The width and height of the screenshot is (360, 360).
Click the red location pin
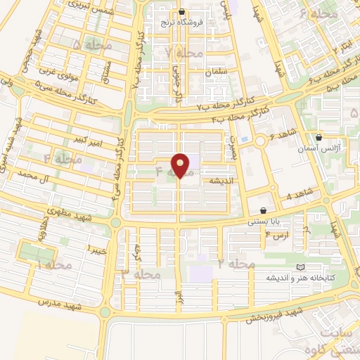pos(181,166)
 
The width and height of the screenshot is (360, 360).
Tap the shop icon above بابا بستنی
pos(264,210)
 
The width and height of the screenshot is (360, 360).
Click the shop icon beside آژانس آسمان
pos(319,137)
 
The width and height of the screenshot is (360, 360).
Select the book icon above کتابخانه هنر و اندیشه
pos(301,267)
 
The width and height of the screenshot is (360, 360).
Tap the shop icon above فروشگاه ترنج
pos(182,12)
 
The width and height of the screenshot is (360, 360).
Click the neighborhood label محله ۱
pos(55,264)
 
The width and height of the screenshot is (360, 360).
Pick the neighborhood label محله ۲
pos(236,263)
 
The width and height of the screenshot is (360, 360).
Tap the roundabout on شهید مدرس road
pos(105,311)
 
